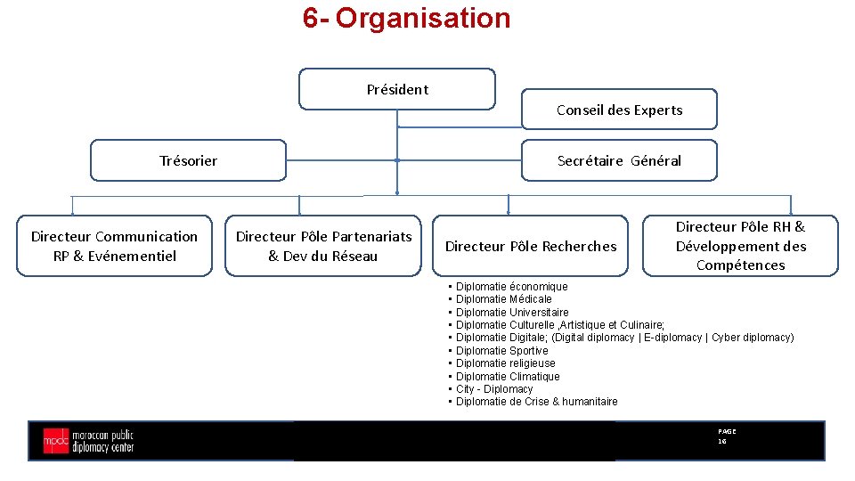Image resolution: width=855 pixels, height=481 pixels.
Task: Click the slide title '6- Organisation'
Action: coord(406,18)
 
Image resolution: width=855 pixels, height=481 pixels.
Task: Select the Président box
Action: coord(396,89)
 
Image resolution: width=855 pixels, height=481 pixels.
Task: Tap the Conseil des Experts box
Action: coord(619,110)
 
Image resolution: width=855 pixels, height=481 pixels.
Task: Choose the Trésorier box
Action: coord(188,160)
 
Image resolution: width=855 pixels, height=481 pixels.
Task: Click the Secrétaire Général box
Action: coord(619,160)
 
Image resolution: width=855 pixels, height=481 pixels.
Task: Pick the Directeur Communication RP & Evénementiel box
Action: coord(114,246)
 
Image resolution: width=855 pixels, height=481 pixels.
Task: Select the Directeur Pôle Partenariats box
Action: coord(323,246)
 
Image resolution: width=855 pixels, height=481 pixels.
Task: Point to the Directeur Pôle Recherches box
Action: coord(531,246)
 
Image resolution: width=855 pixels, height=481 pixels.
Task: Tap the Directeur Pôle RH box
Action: coord(740,246)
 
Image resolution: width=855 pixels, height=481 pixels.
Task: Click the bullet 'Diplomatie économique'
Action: coord(511,286)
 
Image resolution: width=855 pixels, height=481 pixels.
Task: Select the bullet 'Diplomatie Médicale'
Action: coord(503,299)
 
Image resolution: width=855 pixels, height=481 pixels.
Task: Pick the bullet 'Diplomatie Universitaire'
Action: coord(512,312)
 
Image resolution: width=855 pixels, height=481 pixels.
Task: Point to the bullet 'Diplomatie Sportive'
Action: coord(501,350)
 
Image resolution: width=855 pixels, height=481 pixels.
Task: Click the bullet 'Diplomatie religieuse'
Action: coord(505,363)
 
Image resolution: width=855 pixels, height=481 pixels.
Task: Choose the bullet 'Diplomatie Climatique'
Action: coord(508,376)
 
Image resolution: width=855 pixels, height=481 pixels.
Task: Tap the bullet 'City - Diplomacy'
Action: coord(494,389)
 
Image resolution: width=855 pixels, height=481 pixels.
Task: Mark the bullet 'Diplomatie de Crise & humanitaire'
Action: coord(536,402)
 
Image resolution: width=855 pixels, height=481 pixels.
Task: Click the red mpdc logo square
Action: coord(55,440)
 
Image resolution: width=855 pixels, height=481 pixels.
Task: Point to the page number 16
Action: coord(722,441)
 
